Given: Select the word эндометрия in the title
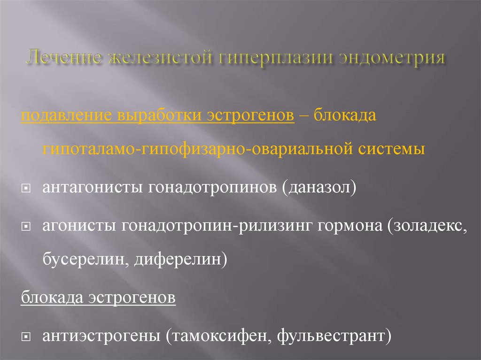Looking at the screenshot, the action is pos(391,58).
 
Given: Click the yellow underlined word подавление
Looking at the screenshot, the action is pos(66,116).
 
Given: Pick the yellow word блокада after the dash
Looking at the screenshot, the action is pos(345,115).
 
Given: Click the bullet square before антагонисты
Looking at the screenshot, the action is pos(26,188).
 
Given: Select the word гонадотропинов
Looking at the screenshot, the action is pos(212,188).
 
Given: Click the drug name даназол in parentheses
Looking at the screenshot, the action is pos(319,187).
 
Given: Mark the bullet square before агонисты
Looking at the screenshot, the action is pos(26,227).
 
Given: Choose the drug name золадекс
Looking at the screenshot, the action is pos(427,226).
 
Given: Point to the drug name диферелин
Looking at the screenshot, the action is pos(178,260).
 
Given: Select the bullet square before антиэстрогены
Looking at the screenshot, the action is pos(26,337).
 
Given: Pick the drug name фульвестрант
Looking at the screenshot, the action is pos(331,336).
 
